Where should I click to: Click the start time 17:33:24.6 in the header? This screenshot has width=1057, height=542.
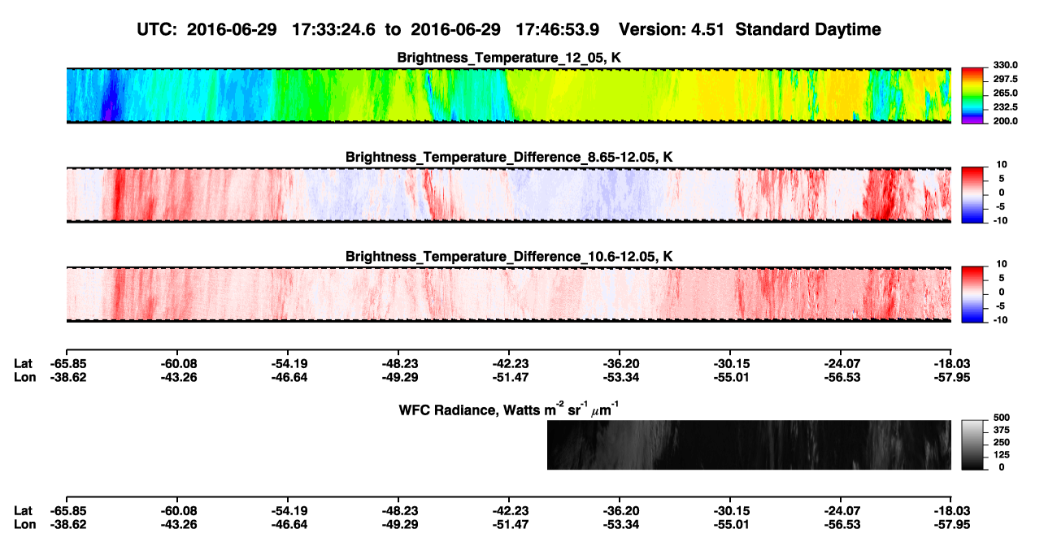333,29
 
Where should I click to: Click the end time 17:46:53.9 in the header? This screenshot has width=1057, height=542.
557,29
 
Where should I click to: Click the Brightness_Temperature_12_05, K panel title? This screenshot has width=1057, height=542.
509,58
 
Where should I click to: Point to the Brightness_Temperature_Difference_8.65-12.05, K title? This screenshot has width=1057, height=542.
509,157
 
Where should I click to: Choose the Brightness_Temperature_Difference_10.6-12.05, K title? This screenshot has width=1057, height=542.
509,257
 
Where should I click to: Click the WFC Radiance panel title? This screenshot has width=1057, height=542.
509,410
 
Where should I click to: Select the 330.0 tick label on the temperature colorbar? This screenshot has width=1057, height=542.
1005,65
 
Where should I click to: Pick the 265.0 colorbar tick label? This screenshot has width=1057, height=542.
1005,93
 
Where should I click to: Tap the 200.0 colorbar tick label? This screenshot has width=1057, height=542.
1005,121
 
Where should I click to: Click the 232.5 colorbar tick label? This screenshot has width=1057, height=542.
1005,107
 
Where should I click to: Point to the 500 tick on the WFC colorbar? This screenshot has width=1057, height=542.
1002,418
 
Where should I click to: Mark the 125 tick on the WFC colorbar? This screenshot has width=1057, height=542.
1002,455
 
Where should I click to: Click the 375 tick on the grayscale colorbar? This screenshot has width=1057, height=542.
1002,430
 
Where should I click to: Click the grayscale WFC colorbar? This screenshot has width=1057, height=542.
973,444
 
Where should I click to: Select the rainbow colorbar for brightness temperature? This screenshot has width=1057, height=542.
973,96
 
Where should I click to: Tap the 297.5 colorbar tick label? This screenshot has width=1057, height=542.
1005,79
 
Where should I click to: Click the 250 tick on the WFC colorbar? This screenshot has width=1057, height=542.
1002,443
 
